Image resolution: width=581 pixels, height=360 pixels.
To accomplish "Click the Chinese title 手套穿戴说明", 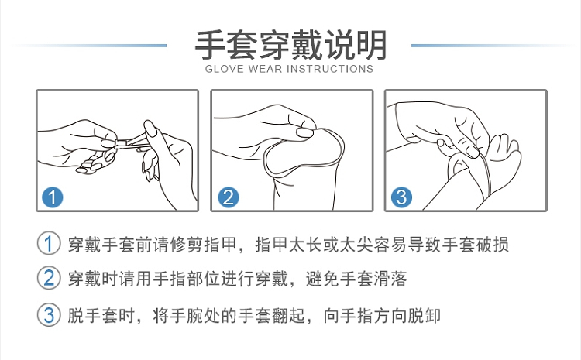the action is click(x=290, y=46).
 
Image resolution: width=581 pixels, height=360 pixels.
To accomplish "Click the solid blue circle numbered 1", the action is click(x=52, y=197).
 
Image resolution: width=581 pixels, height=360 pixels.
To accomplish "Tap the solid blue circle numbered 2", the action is click(x=229, y=197).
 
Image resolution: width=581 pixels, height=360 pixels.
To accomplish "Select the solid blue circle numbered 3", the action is click(x=401, y=197).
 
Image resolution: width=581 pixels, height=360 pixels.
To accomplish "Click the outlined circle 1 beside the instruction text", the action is click(x=49, y=243).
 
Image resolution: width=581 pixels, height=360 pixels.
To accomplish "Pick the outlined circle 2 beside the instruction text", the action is click(x=49, y=278).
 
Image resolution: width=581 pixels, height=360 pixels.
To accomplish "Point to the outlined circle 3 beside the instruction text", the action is click(x=49, y=315).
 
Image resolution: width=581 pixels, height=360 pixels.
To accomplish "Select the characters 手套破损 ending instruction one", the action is click(x=475, y=244).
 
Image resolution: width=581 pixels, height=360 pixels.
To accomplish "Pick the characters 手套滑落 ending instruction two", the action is click(x=373, y=279).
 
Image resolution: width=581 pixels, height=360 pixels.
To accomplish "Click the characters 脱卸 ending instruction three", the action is click(x=424, y=316).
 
